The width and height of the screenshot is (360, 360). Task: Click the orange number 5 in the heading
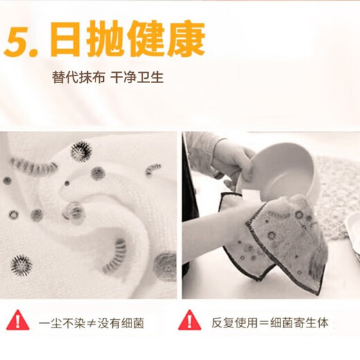(x=19, y=41)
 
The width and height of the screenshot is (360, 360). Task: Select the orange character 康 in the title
(x=186, y=38)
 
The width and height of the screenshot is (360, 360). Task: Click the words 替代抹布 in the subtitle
(x=79, y=77)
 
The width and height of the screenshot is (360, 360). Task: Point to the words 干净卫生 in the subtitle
(x=137, y=77)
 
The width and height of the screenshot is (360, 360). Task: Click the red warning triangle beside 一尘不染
(x=18, y=320)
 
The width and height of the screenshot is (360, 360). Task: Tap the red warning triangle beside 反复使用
(x=190, y=320)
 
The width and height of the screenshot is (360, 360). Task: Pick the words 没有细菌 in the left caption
(x=120, y=323)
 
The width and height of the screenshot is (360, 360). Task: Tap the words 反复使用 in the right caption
(x=235, y=323)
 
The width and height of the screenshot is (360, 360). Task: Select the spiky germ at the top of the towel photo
(x=81, y=151)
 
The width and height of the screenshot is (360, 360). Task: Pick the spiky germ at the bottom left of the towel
(x=21, y=265)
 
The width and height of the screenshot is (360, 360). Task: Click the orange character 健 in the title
(x=146, y=38)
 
